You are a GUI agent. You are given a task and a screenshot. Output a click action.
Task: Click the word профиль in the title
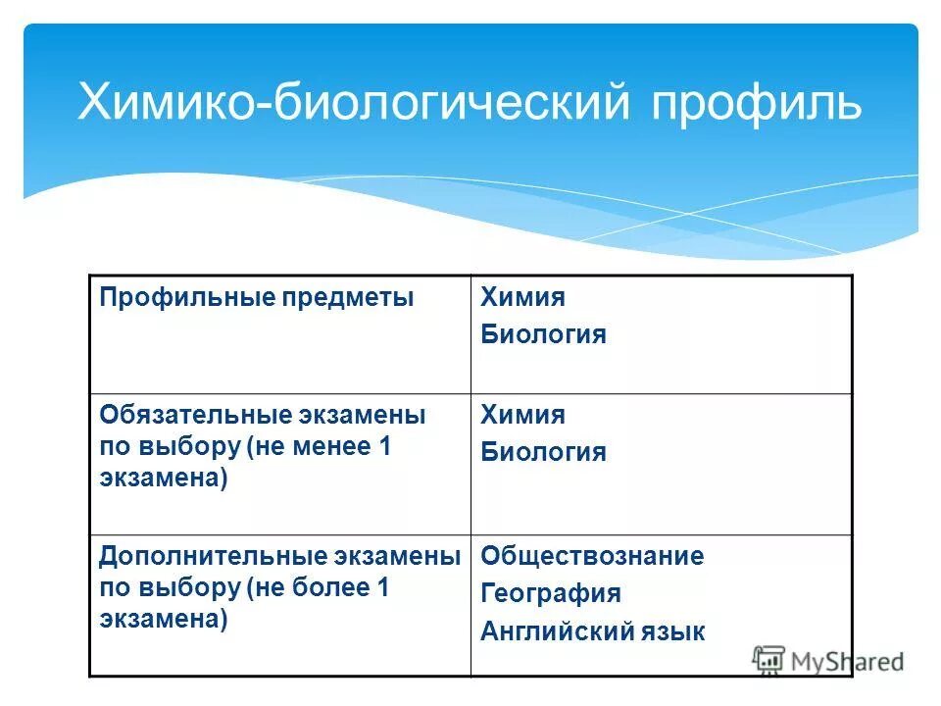click(x=755, y=103)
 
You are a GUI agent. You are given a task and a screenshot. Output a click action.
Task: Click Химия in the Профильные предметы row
click(x=522, y=297)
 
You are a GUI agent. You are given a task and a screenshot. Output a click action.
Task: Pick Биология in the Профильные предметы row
click(x=543, y=334)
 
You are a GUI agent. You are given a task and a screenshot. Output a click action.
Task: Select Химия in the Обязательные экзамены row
click(x=522, y=415)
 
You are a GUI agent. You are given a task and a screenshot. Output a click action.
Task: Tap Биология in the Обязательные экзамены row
click(x=543, y=452)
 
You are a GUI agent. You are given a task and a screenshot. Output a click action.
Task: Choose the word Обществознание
click(x=592, y=556)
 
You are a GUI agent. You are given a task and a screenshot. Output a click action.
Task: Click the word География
click(x=550, y=593)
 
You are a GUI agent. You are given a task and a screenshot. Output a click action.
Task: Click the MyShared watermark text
click(x=847, y=662)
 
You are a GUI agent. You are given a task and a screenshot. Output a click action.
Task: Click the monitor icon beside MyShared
click(x=769, y=660)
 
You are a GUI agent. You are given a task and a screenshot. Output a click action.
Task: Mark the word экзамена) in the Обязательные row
click(x=164, y=479)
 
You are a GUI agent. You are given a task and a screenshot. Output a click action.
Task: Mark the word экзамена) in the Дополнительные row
click(x=164, y=620)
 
